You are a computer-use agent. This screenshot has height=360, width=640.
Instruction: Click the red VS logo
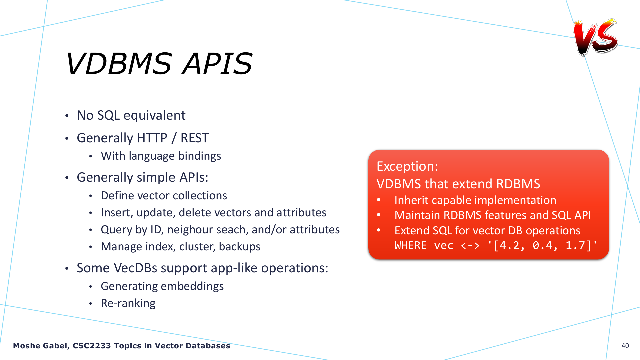(x=595, y=37)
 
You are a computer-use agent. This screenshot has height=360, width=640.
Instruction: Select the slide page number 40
(x=625, y=346)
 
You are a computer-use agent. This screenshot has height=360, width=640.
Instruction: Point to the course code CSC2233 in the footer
(x=92, y=346)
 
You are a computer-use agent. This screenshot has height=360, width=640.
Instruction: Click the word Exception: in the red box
(x=407, y=166)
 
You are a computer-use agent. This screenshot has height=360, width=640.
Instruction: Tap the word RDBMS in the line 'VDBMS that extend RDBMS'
(x=518, y=184)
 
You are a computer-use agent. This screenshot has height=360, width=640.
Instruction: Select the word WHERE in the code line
(x=411, y=245)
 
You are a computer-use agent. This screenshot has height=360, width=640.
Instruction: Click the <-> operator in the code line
(x=470, y=246)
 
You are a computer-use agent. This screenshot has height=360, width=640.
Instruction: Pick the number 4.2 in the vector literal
(x=509, y=246)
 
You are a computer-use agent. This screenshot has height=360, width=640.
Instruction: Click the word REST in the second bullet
(x=194, y=138)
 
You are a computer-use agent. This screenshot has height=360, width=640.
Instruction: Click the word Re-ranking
(x=128, y=303)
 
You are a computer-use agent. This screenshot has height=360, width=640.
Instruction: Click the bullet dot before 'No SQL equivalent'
(x=67, y=116)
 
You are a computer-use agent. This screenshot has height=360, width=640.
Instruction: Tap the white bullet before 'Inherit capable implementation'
(x=379, y=200)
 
